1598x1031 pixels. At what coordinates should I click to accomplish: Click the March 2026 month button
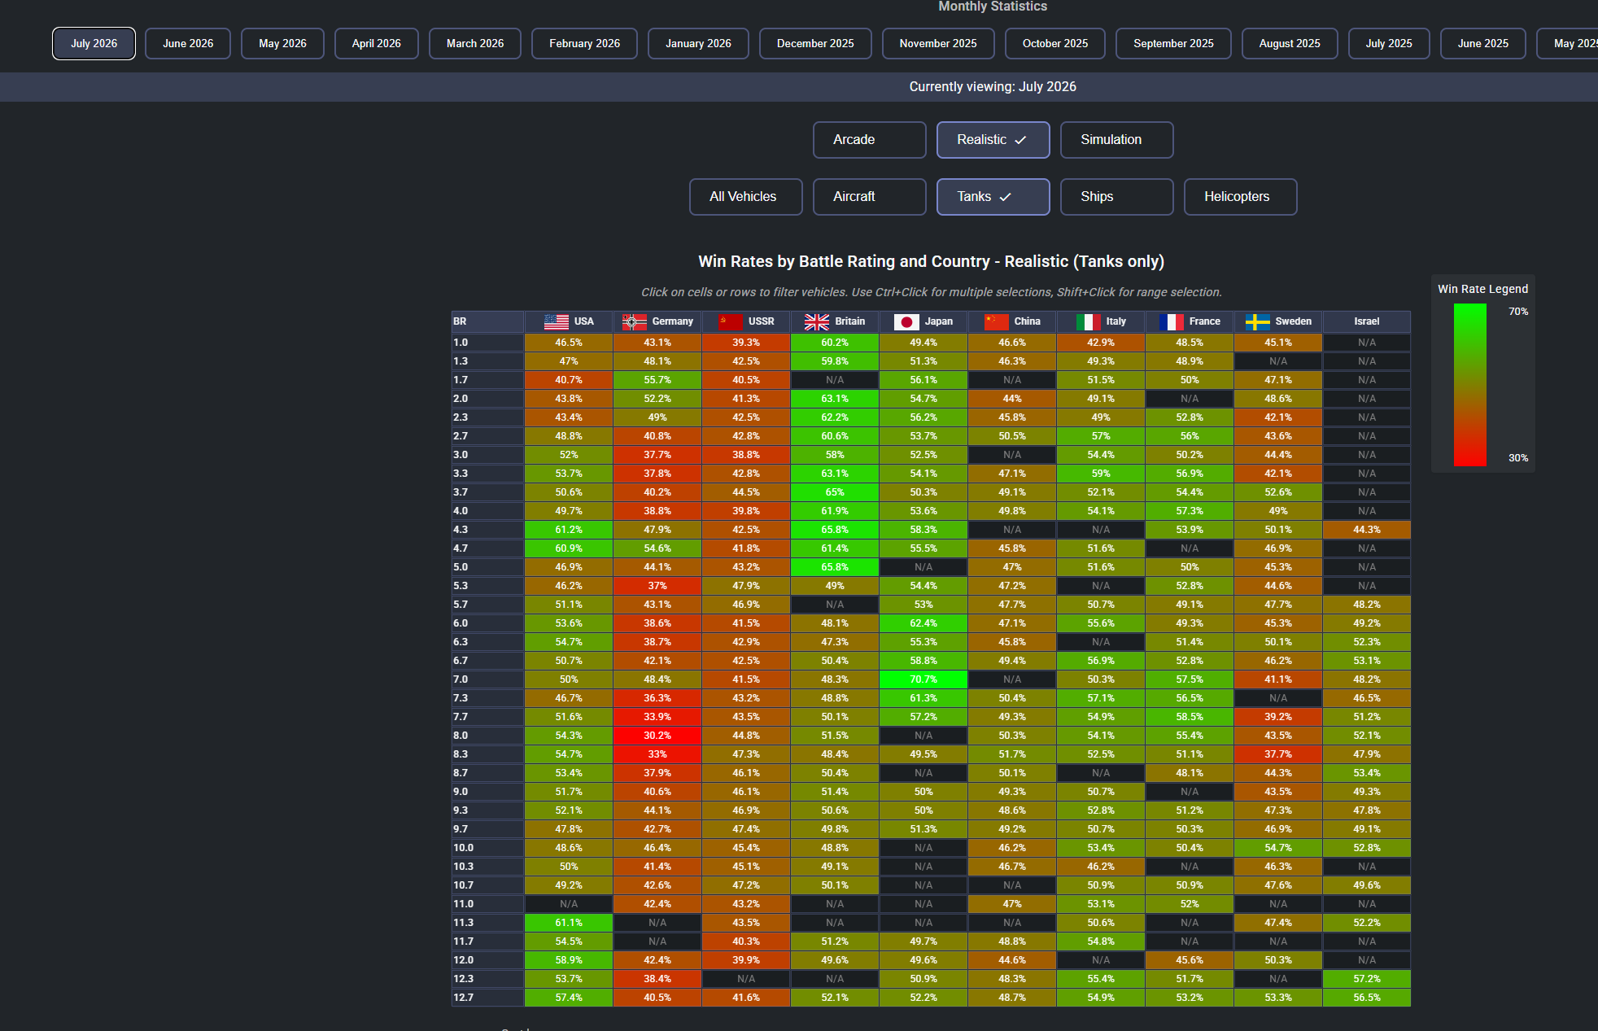click(475, 44)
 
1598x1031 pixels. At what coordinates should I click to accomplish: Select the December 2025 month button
click(815, 44)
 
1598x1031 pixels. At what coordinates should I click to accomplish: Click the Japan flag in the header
click(906, 322)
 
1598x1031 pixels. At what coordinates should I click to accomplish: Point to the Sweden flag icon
click(1257, 322)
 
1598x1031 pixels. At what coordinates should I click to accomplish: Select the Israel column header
click(1367, 321)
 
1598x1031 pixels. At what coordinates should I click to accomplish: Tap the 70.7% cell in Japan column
click(923, 679)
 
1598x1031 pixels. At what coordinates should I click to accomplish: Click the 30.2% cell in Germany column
click(657, 736)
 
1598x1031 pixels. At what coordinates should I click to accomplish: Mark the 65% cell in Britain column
click(835, 492)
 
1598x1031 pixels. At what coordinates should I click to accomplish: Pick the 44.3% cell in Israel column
click(1367, 530)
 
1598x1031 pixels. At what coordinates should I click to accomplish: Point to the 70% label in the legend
click(1518, 312)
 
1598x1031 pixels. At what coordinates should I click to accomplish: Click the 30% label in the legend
click(1518, 458)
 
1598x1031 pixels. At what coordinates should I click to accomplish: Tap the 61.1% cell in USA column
click(569, 923)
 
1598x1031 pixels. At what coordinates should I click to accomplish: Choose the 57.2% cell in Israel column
click(1367, 979)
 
